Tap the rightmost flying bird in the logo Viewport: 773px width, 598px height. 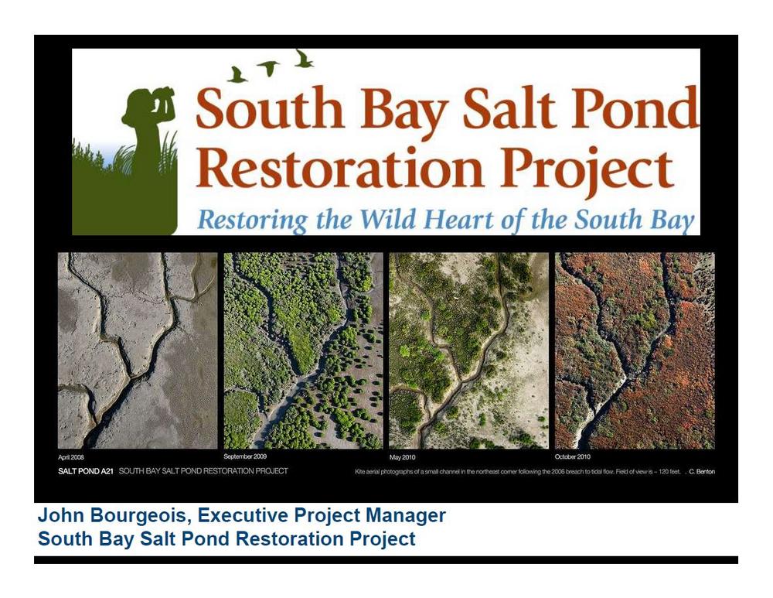303,58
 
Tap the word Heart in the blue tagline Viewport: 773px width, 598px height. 458,219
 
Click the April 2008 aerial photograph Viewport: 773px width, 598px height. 138,350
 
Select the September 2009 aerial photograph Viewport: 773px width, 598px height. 303,350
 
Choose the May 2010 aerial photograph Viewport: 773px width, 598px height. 469,350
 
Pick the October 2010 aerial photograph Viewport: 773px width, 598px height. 635,350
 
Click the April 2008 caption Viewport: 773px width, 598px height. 71,457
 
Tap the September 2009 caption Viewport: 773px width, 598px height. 245,456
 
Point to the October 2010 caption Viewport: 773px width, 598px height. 572,457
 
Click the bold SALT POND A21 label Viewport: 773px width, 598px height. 86,471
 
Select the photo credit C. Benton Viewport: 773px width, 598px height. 702,472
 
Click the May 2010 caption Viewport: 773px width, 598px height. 402,457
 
